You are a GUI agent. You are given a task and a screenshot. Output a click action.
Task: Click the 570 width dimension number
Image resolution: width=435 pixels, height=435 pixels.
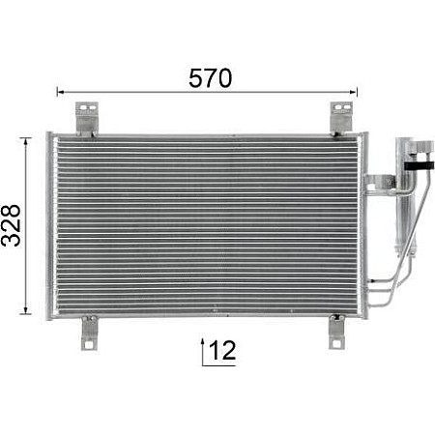click(210, 78)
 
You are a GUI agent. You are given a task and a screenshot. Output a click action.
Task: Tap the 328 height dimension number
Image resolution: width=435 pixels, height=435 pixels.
click(13, 225)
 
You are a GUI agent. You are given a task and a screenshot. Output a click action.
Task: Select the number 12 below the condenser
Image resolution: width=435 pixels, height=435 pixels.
click(222, 351)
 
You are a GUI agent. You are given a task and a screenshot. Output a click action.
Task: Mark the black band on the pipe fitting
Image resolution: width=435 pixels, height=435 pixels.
click(419, 166)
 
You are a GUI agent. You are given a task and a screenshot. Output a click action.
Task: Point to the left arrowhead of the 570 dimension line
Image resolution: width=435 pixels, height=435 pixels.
click(61, 93)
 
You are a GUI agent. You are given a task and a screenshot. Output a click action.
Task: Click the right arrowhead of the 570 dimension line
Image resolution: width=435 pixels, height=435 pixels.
click(355, 93)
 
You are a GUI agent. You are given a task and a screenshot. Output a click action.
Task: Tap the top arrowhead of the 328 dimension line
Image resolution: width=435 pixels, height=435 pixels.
click(26, 141)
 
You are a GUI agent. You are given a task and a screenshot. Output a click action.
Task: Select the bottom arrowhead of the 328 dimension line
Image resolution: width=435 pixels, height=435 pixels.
click(26, 310)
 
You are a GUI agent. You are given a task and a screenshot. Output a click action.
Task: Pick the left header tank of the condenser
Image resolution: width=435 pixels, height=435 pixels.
click(50, 224)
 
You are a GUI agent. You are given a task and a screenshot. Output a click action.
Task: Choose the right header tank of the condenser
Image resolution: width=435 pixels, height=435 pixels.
click(362, 224)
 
